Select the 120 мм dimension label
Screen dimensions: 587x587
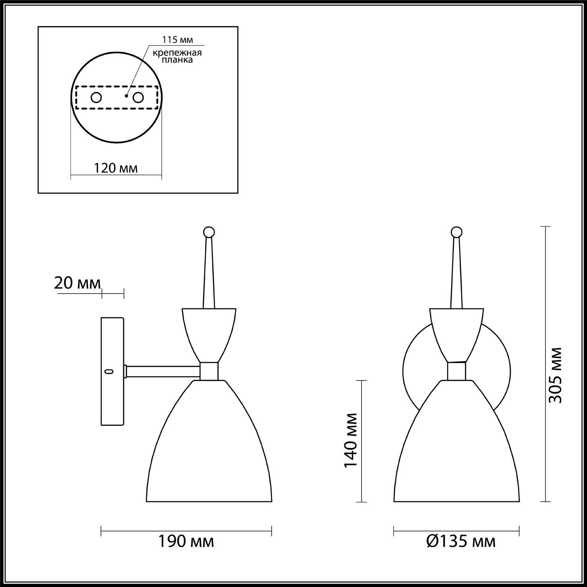click(116, 168)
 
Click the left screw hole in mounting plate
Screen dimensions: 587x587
click(96, 97)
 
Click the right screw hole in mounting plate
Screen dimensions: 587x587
click(138, 97)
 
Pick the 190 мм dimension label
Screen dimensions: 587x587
click(186, 542)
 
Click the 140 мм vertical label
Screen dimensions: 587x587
click(351, 440)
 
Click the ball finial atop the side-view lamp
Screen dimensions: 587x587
click(209, 232)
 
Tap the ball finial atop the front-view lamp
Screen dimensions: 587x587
click(456, 232)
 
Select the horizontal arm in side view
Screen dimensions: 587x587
click(162, 371)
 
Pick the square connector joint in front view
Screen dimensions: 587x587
click(456, 371)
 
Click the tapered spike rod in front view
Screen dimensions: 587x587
click(456, 274)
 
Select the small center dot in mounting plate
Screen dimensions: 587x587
click(126, 95)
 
